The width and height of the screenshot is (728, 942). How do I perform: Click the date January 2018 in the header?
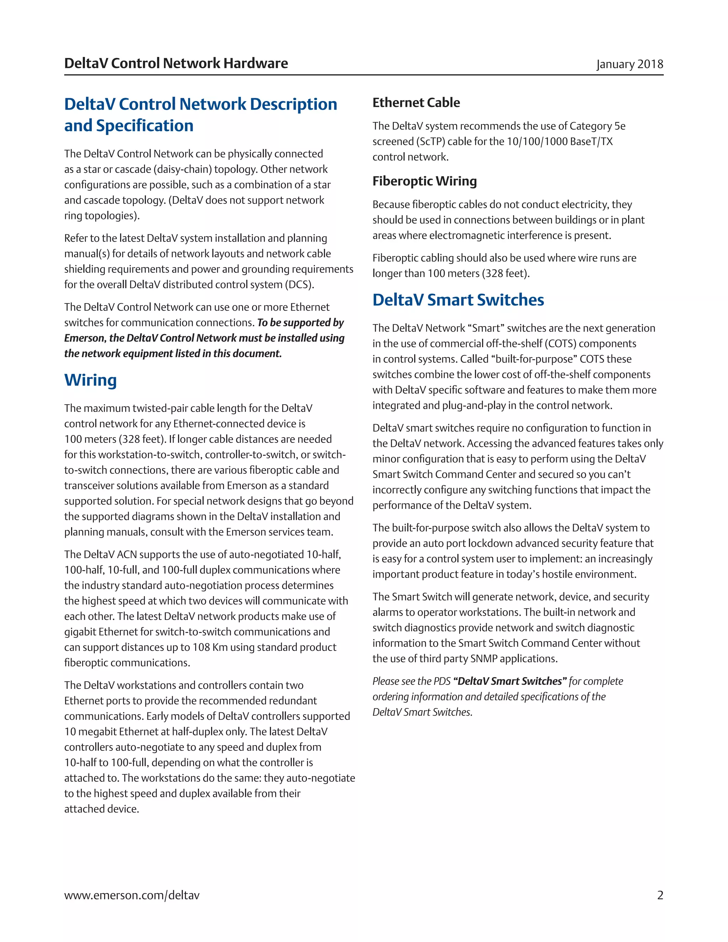click(629, 64)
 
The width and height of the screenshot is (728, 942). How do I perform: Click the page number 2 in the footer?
click(660, 895)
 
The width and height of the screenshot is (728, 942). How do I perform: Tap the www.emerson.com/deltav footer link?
click(132, 895)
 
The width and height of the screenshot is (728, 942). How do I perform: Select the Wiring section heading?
click(91, 380)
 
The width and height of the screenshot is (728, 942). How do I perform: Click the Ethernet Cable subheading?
click(416, 103)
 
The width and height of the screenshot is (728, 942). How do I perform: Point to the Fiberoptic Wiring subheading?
click(424, 181)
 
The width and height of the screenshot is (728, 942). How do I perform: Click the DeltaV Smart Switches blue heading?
click(458, 300)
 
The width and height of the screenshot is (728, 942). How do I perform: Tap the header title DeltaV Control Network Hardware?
click(176, 63)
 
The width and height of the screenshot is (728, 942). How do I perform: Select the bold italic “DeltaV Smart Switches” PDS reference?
click(510, 681)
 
